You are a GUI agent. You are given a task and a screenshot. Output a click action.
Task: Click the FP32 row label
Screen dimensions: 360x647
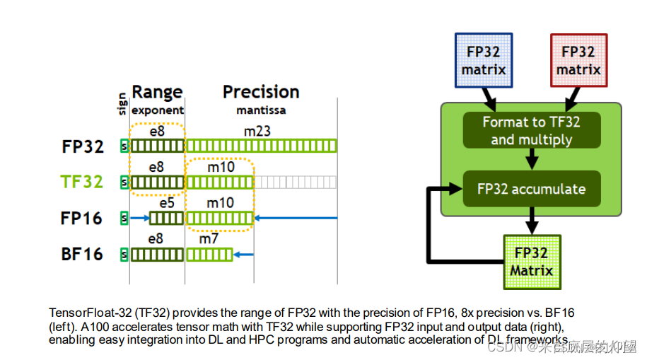(82, 146)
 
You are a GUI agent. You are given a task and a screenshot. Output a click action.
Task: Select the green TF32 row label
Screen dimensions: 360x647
(82, 182)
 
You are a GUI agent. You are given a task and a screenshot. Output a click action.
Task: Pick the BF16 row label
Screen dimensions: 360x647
(82, 254)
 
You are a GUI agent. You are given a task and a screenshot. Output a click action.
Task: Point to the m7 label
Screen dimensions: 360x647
(209, 239)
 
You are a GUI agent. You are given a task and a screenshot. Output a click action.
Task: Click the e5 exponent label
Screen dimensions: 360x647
(167, 204)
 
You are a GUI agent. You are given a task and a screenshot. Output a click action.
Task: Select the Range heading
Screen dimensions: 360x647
(157, 92)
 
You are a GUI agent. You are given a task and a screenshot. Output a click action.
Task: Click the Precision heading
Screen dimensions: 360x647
(261, 92)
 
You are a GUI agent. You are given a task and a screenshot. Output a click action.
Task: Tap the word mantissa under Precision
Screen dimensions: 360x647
(261, 110)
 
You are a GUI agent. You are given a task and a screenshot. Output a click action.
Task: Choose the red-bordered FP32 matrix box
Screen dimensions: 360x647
(578, 60)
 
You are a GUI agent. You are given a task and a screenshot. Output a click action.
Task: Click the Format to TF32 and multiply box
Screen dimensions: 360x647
(531, 131)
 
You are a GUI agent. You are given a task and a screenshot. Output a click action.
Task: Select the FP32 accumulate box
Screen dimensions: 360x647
(531, 189)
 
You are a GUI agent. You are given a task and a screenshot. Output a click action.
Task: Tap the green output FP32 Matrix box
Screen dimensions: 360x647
(532, 262)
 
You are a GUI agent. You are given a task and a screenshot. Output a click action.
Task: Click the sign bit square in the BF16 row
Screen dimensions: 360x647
(124, 254)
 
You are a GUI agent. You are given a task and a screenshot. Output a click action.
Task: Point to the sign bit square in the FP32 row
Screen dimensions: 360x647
(124, 146)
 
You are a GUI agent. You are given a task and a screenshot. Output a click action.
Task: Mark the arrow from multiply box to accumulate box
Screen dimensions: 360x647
(532, 160)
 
